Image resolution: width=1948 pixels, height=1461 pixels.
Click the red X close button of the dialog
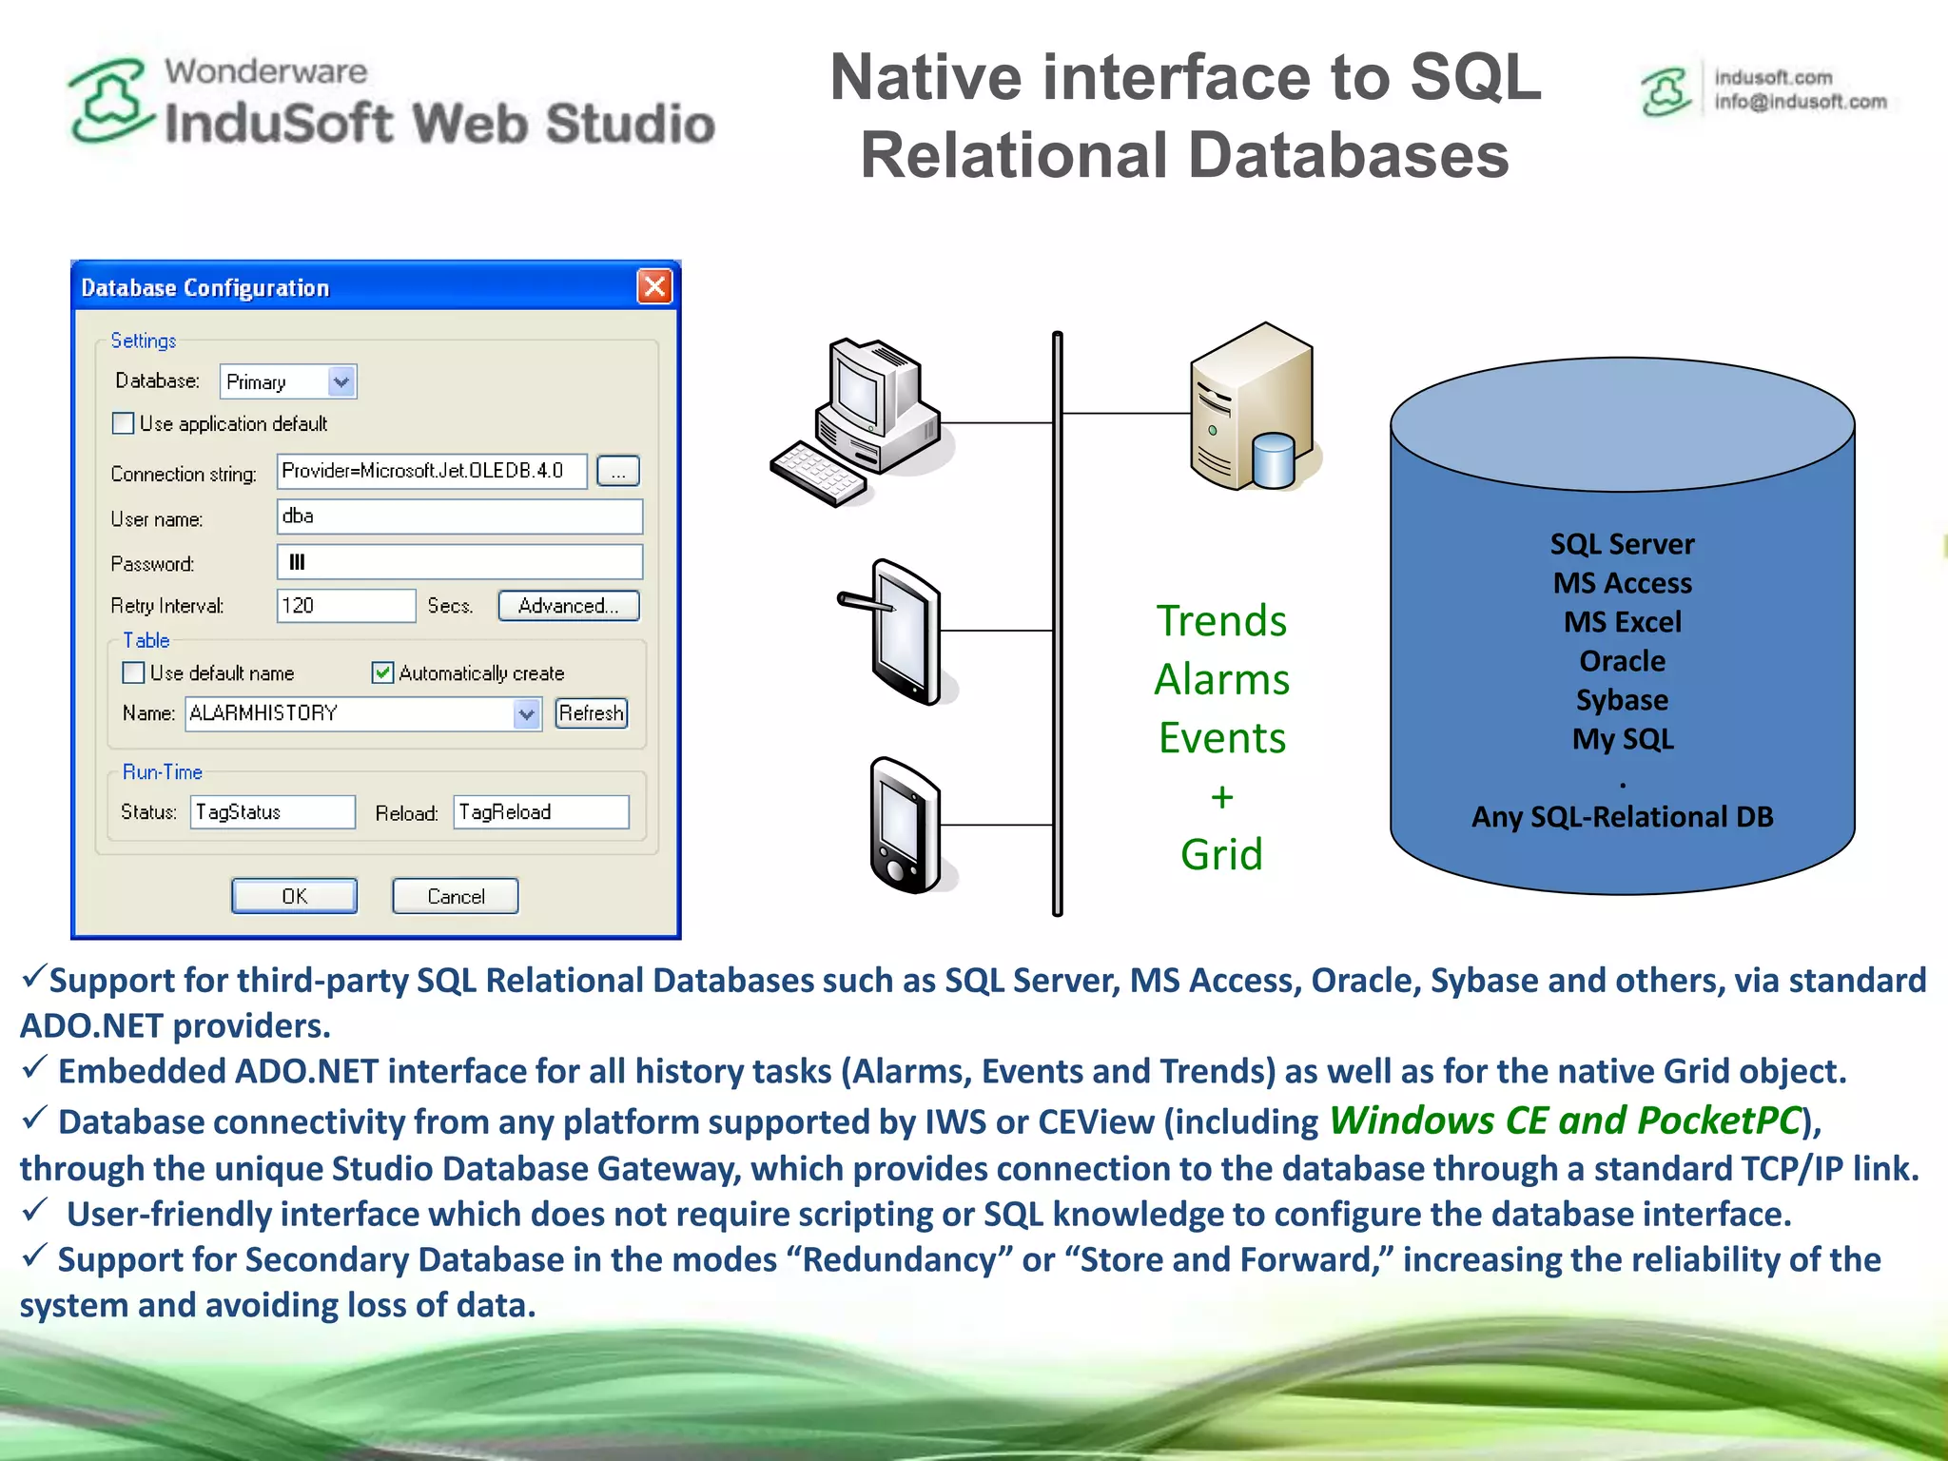(x=654, y=286)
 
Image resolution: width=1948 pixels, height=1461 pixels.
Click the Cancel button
(x=456, y=896)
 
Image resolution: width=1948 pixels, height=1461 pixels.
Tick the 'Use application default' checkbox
(x=124, y=423)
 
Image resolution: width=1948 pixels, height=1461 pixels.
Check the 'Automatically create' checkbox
(x=382, y=673)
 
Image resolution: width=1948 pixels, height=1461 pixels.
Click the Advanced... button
(x=568, y=606)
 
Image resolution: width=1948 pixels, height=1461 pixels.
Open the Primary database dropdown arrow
(x=341, y=381)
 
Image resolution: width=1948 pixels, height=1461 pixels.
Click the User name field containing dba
(x=459, y=516)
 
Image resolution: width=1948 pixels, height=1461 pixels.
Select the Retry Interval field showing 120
(x=345, y=606)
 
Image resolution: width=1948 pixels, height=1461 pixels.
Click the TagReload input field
(x=540, y=812)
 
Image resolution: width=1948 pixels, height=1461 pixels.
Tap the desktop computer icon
(x=861, y=419)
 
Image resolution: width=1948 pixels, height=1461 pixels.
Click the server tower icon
(x=1251, y=409)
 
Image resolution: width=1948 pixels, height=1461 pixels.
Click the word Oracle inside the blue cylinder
(x=1622, y=661)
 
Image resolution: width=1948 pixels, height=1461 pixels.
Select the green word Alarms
(x=1222, y=680)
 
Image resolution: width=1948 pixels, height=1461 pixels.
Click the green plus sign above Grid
(x=1222, y=796)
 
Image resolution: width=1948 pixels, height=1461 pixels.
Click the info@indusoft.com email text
(x=1800, y=102)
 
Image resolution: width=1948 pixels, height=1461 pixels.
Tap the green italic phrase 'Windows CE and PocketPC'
(x=1565, y=1120)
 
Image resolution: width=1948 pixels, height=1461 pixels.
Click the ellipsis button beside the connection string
(x=618, y=472)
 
